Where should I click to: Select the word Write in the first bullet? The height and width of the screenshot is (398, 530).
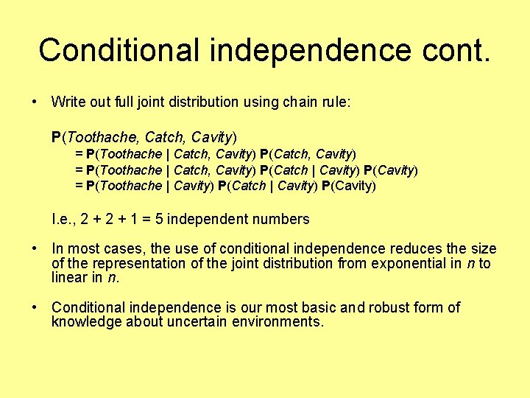[x=68, y=102]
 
